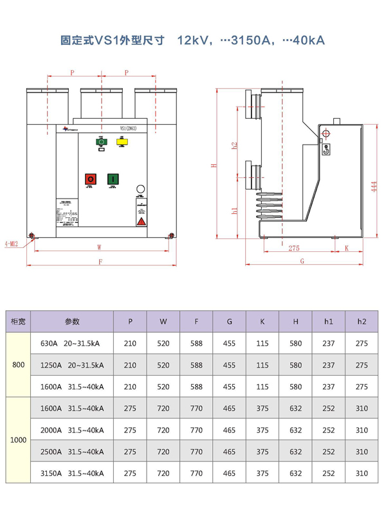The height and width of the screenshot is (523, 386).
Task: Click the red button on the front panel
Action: (90, 179)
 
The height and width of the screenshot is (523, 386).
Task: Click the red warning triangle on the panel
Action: (141, 221)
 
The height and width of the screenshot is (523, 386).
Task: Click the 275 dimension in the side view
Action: (294, 247)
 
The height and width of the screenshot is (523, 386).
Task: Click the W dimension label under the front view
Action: (99, 247)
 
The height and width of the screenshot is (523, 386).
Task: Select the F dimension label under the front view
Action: (100, 261)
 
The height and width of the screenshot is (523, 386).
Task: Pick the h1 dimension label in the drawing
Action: (234, 209)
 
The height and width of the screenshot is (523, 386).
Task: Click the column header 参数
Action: (72, 321)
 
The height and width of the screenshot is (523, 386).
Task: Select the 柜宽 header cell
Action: (19, 321)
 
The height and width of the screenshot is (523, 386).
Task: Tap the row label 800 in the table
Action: (19, 365)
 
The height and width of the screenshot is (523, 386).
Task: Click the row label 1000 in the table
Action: (19, 441)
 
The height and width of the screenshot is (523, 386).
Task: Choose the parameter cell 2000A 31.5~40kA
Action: (72, 430)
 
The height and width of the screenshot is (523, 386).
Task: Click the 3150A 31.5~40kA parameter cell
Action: (72, 474)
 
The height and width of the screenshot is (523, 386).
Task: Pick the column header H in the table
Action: (295, 321)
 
